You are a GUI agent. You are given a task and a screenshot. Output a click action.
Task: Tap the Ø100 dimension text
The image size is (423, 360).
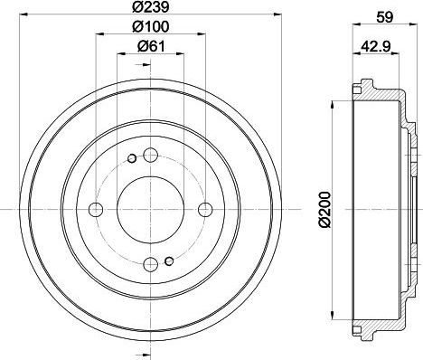(x=148, y=29)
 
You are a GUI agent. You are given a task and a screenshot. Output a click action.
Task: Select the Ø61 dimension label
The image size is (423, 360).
(x=148, y=48)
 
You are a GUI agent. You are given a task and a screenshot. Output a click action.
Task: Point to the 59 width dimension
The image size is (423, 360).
(x=383, y=14)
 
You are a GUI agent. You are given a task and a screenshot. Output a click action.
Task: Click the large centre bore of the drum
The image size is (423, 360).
(x=147, y=209)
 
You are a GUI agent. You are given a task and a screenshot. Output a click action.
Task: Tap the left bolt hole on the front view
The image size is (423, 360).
(x=95, y=210)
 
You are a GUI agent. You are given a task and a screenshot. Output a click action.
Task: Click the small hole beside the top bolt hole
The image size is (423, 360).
(x=130, y=160)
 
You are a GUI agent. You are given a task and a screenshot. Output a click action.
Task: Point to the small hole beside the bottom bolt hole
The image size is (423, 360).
(x=168, y=263)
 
